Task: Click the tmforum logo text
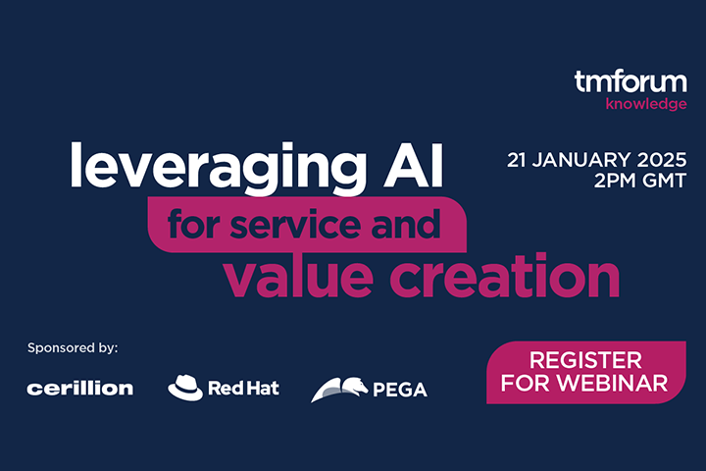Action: click(630, 82)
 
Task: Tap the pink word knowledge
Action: click(646, 104)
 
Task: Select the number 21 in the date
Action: click(518, 159)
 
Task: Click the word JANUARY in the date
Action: click(584, 159)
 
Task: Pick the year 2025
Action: click(664, 159)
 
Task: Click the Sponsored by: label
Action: click(73, 347)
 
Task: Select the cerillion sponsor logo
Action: click(80, 389)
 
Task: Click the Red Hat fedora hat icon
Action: click(185, 388)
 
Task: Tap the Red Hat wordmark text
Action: click(243, 389)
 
